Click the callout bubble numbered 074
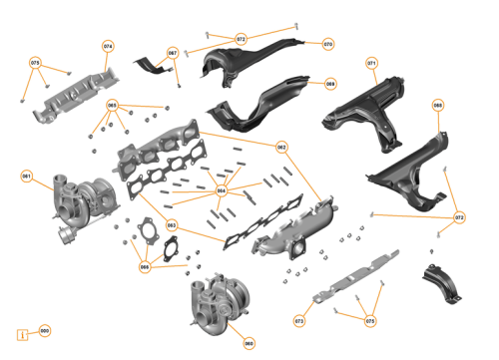109,47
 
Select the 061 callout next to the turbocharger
27,177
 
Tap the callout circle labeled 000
44,330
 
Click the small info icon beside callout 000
22,334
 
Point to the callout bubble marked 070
328,45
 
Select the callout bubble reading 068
330,84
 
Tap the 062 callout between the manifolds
281,147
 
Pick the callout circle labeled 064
222,189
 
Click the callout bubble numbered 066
145,266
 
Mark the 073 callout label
298,321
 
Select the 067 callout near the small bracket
173,53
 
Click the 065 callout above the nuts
113,105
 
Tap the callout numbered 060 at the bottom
249,343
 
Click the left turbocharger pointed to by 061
80,199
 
